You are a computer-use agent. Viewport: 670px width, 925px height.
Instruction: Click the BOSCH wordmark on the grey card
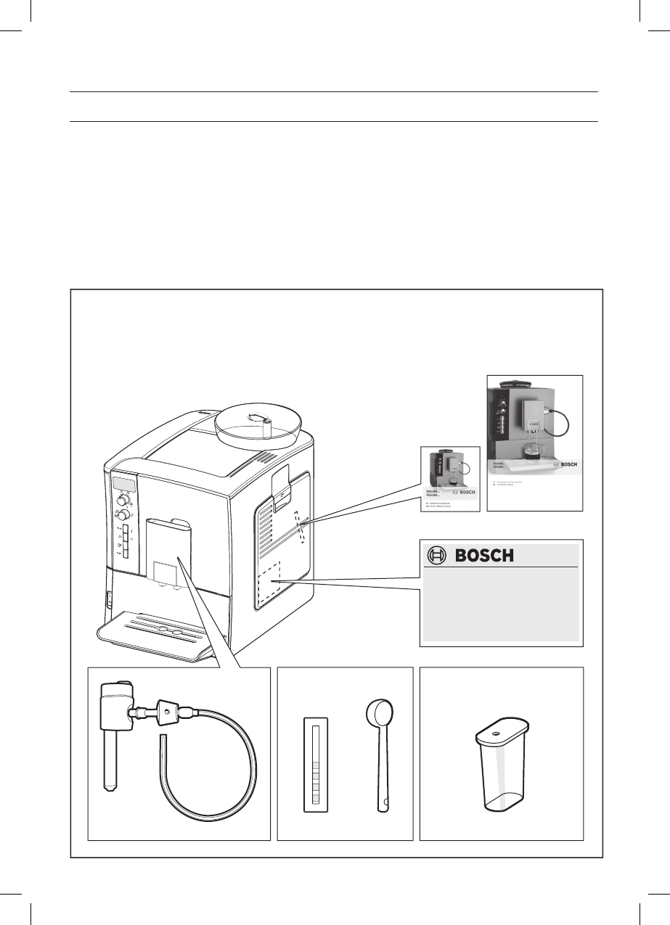484,556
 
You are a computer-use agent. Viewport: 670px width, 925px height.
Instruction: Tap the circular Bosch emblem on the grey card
437,556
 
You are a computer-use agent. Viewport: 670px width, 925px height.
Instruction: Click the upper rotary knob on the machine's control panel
124,499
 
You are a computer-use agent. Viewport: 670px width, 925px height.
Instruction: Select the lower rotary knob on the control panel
125,515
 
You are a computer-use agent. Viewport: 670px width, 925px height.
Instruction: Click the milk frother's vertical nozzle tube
110,762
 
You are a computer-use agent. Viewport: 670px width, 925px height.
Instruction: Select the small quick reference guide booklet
451,479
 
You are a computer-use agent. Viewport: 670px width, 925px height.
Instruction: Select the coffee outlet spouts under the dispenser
166,586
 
